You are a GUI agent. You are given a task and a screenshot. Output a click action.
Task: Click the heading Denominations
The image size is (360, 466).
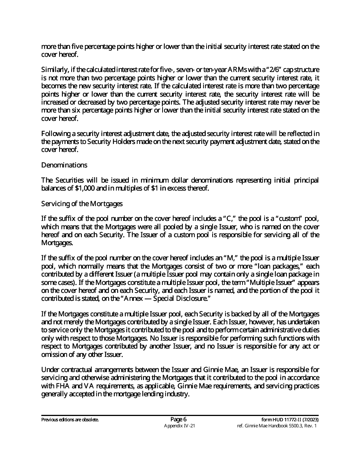tap(64, 165)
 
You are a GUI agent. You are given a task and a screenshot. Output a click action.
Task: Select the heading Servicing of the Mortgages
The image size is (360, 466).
tap(82, 204)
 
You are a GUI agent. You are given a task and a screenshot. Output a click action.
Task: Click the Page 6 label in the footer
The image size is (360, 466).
tap(179, 419)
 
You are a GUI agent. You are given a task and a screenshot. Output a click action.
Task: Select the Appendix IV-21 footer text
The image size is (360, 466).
tap(179, 426)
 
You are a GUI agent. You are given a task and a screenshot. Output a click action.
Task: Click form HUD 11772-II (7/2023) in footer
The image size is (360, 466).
tap(290, 420)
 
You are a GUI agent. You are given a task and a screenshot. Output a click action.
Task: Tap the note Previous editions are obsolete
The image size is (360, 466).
tap(70, 420)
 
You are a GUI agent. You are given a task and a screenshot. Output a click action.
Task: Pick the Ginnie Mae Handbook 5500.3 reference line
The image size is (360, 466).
tap(276, 426)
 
